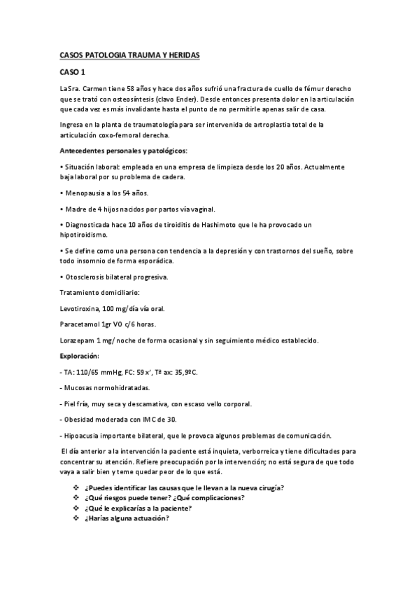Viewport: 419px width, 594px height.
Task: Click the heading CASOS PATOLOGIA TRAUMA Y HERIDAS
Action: point(130,54)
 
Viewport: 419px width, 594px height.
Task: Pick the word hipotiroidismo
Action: point(85,235)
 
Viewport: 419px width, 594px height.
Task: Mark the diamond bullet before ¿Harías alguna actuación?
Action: point(76,519)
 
